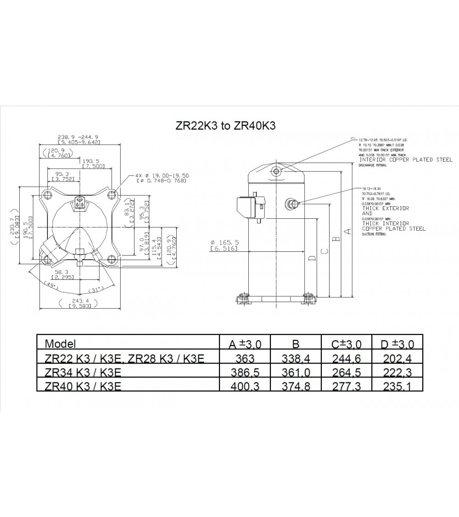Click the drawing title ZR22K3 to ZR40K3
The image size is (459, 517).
click(225, 125)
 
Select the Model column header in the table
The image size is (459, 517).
click(60, 343)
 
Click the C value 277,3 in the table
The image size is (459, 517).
click(346, 386)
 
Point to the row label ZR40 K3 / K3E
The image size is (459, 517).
click(83, 386)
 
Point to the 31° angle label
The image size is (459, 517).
click(95, 290)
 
